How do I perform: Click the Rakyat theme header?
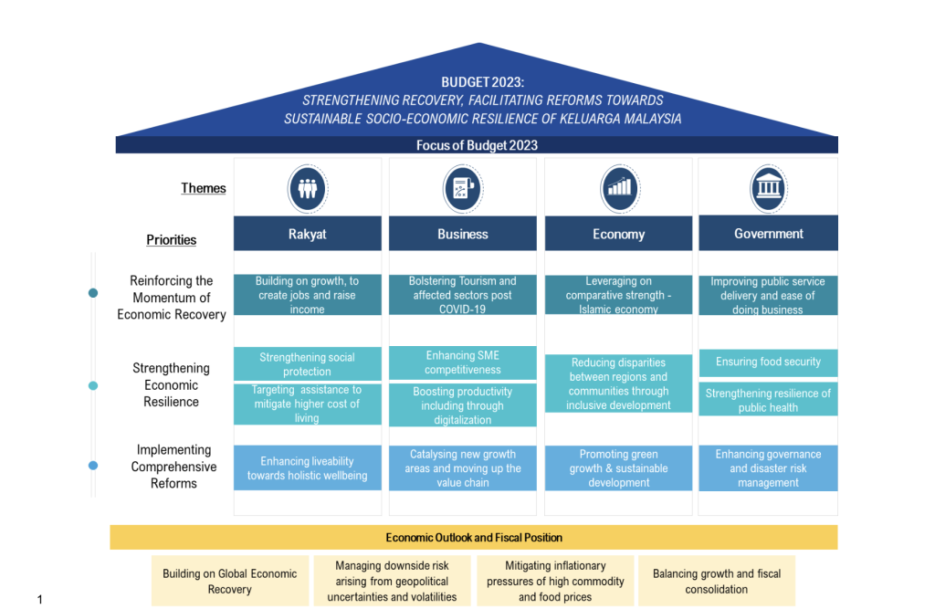click(x=307, y=234)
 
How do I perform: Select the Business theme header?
click(x=462, y=234)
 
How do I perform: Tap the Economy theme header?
click(x=618, y=234)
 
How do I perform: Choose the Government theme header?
click(x=768, y=234)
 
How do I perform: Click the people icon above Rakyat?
click(x=307, y=188)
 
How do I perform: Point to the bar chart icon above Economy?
click(x=620, y=188)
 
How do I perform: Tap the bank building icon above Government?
click(x=768, y=188)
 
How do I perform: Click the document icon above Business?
click(x=461, y=188)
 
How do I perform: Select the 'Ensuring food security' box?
click(x=768, y=362)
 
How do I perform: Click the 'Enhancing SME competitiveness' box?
click(x=462, y=362)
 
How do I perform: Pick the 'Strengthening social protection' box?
click(x=307, y=364)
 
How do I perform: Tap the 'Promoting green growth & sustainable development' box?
click(x=618, y=468)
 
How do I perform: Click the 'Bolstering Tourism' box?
click(x=462, y=295)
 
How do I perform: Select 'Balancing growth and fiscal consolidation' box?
click(x=717, y=582)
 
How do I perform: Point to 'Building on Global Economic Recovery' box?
click(x=229, y=582)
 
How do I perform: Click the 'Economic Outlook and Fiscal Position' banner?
click(x=474, y=538)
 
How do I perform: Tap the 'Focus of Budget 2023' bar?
click(x=477, y=145)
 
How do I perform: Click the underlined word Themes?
click(x=203, y=188)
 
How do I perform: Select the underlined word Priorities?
click(x=172, y=240)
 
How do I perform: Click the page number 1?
click(x=40, y=599)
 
